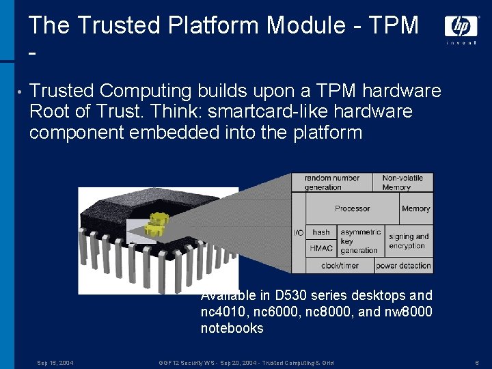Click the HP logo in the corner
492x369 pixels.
461,27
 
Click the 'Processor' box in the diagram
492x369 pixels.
352,208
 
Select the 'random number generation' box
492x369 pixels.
332,182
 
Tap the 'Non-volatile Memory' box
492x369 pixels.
403,182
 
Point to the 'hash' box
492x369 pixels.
321,232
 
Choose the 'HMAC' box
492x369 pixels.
321,248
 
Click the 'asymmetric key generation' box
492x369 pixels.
360,241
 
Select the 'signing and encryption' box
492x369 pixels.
409,241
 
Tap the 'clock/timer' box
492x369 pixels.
340,266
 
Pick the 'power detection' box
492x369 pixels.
403,266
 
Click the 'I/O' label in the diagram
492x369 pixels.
299,233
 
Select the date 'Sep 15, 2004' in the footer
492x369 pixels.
55,363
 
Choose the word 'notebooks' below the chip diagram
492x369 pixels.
232,328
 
